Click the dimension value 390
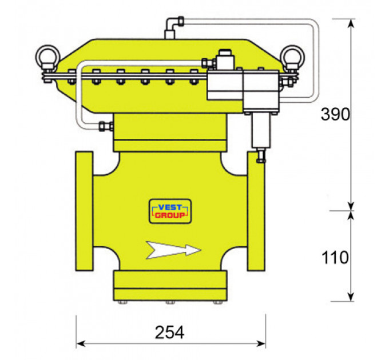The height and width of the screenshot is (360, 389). pos(335,114)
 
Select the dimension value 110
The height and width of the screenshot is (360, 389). pos(335,257)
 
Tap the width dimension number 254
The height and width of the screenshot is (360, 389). pos(170,332)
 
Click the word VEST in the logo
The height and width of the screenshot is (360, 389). pos(170,207)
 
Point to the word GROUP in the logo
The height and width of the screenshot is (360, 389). pos(170,215)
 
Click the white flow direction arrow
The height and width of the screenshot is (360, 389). pos(174,250)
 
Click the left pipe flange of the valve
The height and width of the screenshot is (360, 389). pos(84,211)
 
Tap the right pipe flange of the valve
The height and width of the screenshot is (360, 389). pos(256,211)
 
